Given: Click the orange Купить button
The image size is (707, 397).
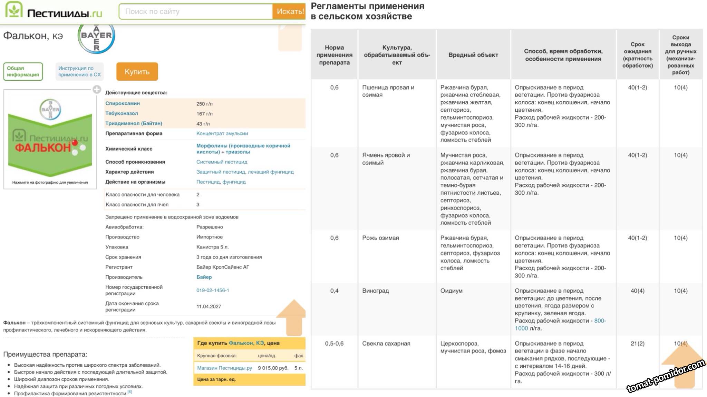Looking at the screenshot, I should (137, 72).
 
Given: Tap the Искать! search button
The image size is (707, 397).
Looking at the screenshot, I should (289, 11).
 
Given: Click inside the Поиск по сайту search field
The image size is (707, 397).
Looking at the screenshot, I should (196, 11).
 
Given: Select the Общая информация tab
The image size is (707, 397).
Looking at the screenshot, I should (23, 71).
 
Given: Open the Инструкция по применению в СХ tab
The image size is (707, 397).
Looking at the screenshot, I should (79, 71).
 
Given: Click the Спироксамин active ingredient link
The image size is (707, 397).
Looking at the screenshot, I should (123, 103).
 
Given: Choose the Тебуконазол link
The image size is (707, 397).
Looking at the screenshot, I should (122, 113).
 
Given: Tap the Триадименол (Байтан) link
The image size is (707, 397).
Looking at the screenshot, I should (134, 123).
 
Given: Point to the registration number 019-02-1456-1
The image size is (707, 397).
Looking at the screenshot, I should (213, 290).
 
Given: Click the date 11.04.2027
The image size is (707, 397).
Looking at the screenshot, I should (209, 306).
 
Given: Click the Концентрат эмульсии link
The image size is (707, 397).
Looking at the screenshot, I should (222, 133).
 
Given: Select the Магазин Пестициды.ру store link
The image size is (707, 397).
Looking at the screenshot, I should (224, 368).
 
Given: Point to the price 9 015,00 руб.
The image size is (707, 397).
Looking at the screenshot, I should (273, 368).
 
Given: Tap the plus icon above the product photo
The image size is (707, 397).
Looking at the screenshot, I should (97, 90).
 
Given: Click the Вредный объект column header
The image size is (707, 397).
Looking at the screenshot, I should (473, 55).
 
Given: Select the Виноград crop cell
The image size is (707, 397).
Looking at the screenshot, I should (375, 291).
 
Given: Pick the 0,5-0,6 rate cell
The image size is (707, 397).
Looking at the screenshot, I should (334, 343).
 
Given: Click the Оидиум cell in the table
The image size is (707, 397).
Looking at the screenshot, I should (451, 291).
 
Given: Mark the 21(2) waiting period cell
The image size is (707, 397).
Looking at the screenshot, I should (637, 343).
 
